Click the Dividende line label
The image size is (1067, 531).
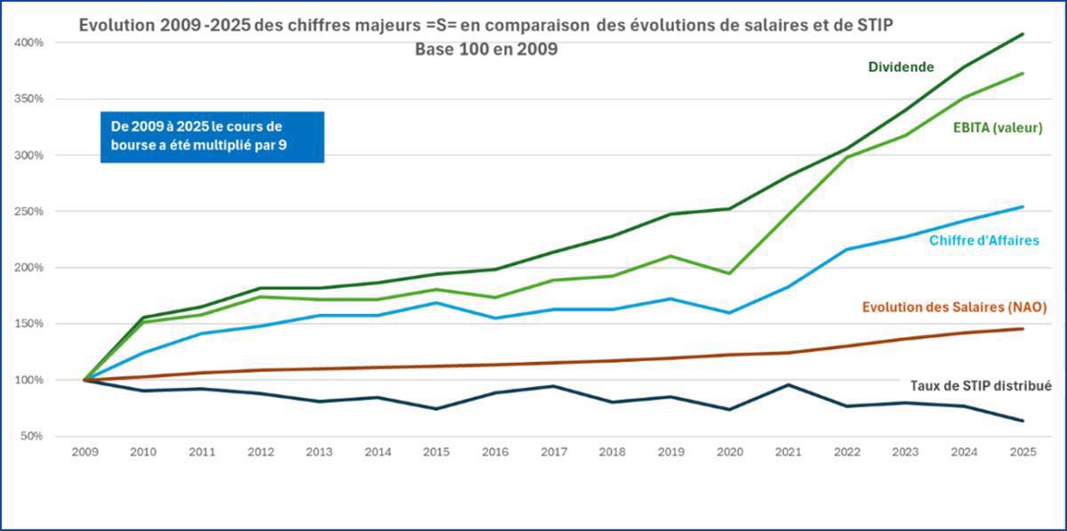[x=901, y=67]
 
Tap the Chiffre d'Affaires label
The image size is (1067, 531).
[x=983, y=240]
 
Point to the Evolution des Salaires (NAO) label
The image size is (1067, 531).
[x=954, y=307]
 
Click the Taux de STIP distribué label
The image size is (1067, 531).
[x=981, y=386]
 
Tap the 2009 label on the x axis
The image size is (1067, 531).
[x=85, y=453]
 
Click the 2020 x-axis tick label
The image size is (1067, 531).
[x=729, y=453]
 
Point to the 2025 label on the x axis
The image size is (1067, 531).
[x=1022, y=453]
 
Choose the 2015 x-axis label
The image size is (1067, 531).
[x=437, y=453]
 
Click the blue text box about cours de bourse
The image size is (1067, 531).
[x=212, y=137]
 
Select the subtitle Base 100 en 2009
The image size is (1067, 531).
[x=485, y=50]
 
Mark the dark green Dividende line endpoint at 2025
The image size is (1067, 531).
[x=1023, y=34]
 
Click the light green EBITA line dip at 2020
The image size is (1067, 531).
[x=729, y=273]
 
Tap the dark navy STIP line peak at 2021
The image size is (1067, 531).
[x=788, y=384]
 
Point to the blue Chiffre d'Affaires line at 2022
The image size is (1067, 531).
[x=846, y=249]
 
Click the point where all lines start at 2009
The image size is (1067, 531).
[x=86, y=380]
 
